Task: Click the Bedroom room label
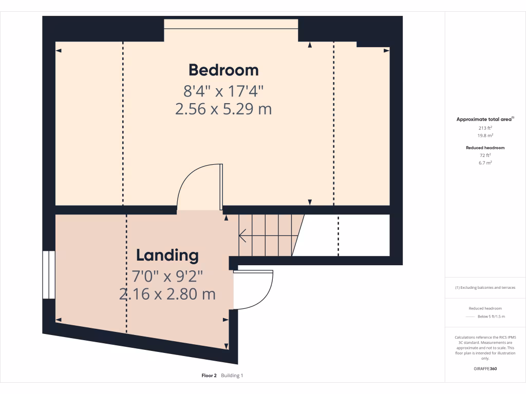click(223, 70)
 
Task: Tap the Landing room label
click(167, 255)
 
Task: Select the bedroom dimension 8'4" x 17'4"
click(223, 91)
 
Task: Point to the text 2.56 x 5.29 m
click(223, 109)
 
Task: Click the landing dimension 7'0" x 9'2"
click(167, 277)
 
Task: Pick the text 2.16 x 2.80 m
click(167, 294)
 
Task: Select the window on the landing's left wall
click(48, 274)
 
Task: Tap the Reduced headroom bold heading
click(485, 148)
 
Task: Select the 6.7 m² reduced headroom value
click(485, 162)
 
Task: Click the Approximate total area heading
click(484, 119)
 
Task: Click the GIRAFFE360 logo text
click(485, 368)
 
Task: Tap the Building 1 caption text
click(232, 376)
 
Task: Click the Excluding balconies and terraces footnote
click(485, 287)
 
